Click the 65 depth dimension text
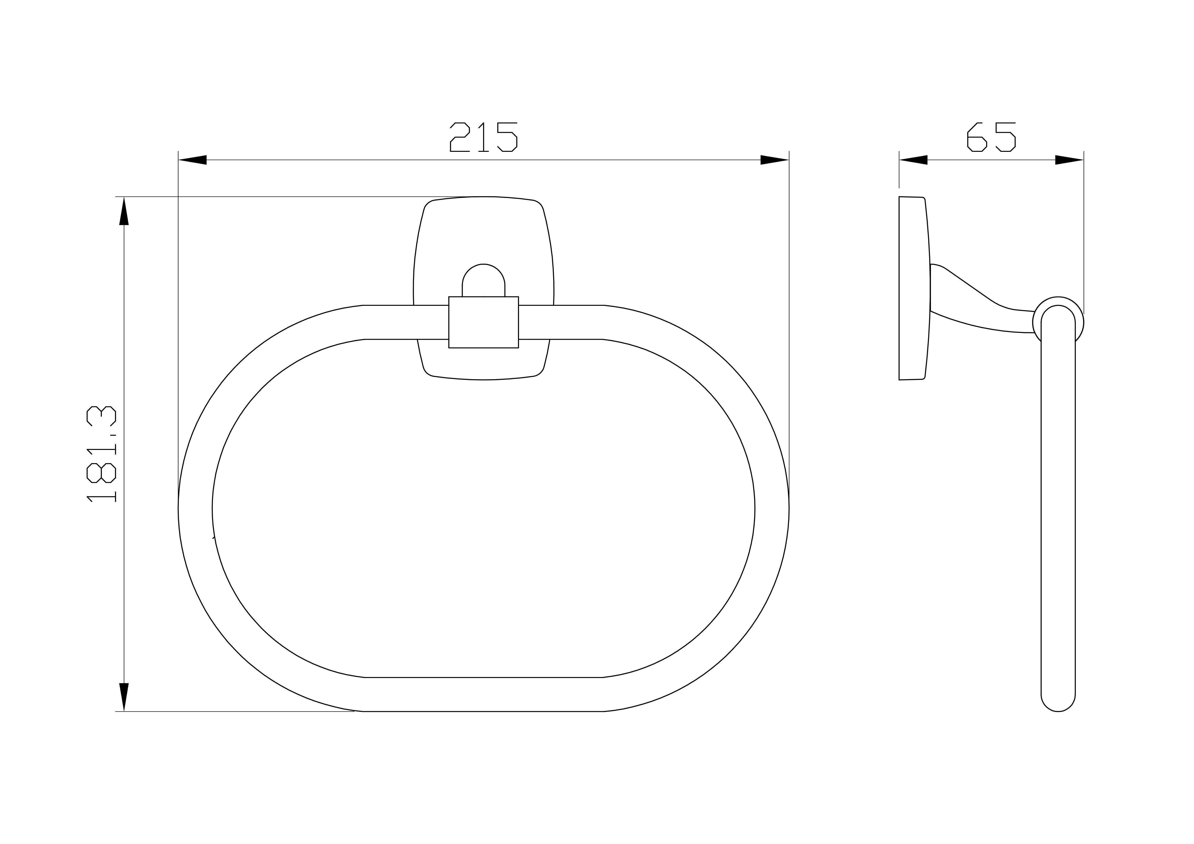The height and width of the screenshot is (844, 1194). tap(991, 137)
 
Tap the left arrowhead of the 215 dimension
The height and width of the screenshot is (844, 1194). tap(192, 160)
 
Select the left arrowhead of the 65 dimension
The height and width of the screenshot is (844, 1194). tap(913, 160)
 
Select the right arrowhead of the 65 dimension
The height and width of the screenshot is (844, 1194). tap(1069, 160)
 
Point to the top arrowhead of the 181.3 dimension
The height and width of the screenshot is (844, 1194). tap(124, 211)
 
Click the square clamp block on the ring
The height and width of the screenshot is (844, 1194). tap(484, 322)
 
